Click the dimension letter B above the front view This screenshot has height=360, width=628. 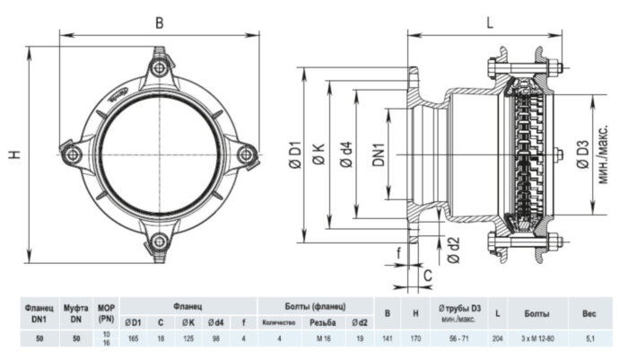(159, 23)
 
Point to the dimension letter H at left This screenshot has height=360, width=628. (14, 154)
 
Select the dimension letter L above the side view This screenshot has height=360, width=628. (491, 24)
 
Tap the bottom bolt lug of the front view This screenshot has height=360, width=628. (159, 240)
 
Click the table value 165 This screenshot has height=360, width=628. (133, 338)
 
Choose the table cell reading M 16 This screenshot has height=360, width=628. (322, 338)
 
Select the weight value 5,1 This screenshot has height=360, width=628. (589, 338)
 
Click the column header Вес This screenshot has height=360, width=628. (589, 313)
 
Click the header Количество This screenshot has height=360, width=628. (279, 322)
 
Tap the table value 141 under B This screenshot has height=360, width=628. (387, 338)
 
